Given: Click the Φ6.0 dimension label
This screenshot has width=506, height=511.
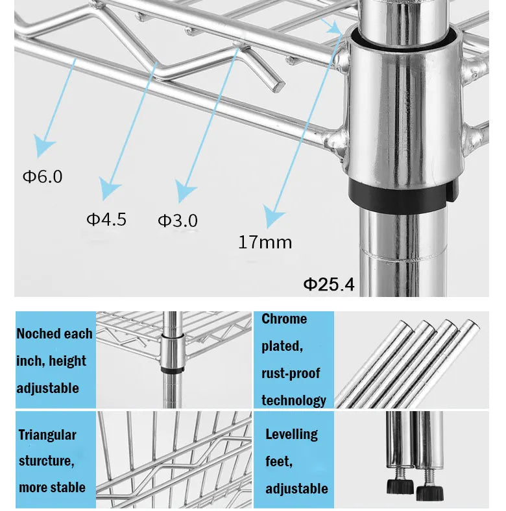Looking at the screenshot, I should pos(43,176).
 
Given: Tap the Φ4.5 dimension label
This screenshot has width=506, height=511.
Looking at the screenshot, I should pos(106,219).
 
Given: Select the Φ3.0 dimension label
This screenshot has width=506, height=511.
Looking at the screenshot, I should pos(178,220).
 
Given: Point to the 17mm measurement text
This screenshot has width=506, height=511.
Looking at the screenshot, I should pos(265,243).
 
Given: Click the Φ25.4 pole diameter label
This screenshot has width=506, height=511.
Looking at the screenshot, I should pos(330,284).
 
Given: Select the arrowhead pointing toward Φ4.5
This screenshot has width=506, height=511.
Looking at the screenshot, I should pos(110,189).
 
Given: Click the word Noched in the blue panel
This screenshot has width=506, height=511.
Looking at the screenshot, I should pos(36,334).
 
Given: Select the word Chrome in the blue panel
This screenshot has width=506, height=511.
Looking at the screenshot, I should pos(284,319).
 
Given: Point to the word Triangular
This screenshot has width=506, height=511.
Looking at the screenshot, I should pos(47,435).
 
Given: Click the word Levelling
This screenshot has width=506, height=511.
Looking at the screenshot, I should pos(291,434).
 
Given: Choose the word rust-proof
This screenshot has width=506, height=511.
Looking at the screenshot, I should pos(291,374).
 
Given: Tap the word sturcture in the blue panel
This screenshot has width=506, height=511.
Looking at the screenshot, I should pos(44,462).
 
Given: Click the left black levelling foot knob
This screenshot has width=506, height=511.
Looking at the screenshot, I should pos(400,485).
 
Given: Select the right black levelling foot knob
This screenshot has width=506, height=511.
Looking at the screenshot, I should pos(429,492).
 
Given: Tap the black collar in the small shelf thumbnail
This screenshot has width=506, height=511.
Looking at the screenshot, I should pos(171,370).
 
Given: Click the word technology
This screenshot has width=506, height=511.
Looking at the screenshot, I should pos(294,400).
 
